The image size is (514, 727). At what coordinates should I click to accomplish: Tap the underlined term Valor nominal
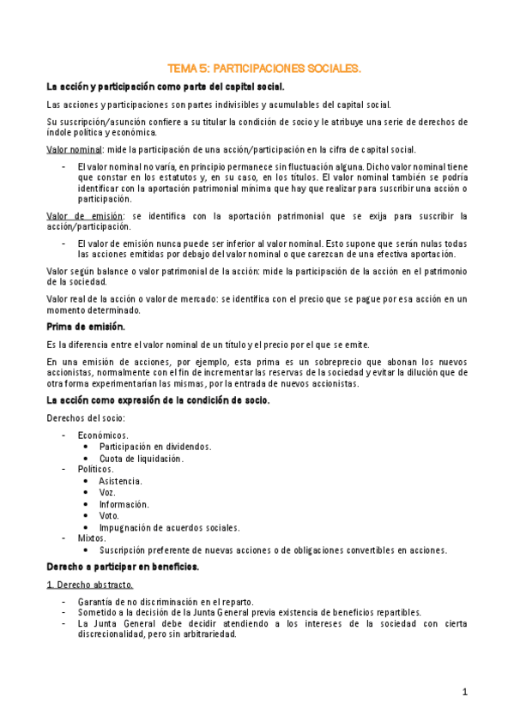coord(71,149)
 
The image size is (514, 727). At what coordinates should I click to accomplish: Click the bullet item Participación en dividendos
coord(154,447)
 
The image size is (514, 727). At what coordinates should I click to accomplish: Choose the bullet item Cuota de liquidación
coord(141,459)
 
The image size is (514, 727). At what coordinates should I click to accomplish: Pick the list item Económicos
coord(102,436)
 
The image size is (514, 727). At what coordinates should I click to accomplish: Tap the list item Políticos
coord(95,470)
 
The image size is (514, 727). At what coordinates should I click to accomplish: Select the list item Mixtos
coord(92,538)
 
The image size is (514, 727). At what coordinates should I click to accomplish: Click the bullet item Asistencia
coord(120,482)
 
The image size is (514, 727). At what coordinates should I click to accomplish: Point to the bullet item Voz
coord(107,493)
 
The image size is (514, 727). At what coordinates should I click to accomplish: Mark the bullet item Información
coord(124,504)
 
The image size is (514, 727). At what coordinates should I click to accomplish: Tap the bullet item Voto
coord(109,516)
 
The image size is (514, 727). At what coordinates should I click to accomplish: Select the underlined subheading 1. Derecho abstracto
coord(89,585)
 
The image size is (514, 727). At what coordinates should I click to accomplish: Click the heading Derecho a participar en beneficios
coord(123,568)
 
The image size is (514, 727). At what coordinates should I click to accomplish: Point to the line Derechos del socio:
coord(85,418)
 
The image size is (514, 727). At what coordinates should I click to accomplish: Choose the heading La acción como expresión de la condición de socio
coord(158,400)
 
